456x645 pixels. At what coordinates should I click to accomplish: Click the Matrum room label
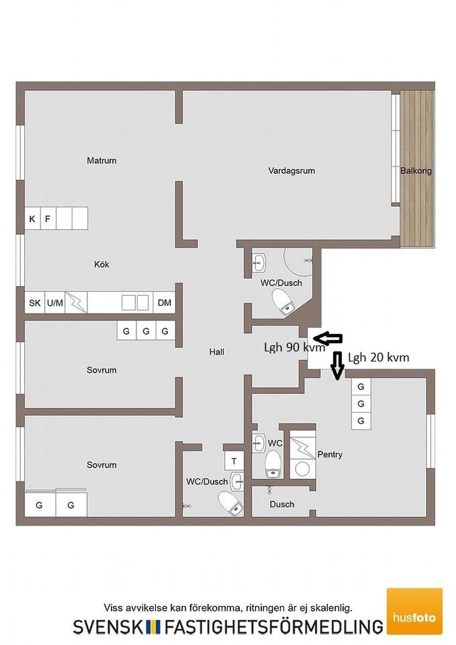(102, 160)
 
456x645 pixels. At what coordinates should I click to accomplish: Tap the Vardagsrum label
(291, 171)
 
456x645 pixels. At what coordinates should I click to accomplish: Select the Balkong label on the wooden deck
(416, 171)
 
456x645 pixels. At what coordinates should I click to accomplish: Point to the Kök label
(102, 264)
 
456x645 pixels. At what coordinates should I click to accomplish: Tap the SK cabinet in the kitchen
(35, 302)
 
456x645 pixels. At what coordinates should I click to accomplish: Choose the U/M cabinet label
(55, 303)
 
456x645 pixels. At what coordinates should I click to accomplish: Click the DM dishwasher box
(164, 302)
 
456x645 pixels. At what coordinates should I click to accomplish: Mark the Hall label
(217, 351)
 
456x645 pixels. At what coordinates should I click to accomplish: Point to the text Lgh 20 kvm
(378, 358)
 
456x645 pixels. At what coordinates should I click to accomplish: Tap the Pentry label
(330, 454)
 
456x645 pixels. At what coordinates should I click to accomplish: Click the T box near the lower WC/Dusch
(234, 461)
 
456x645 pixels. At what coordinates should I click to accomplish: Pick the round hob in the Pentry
(302, 469)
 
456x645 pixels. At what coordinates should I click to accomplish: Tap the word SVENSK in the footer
(108, 627)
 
